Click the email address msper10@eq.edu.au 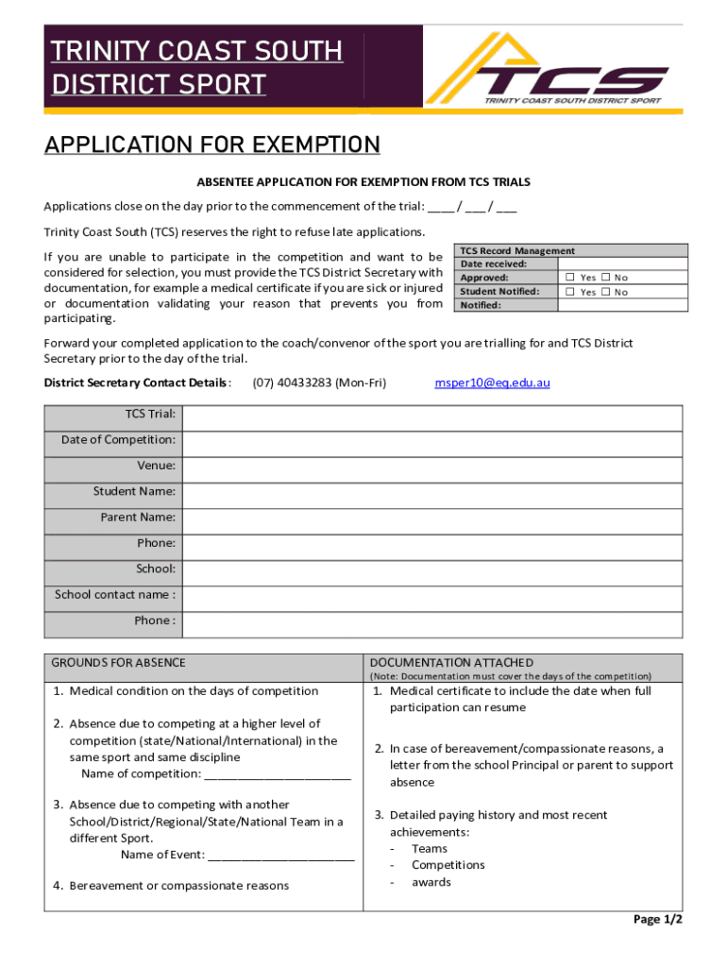(x=492, y=382)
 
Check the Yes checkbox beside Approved (x=571, y=278)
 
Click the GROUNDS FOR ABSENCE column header (x=118, y=663)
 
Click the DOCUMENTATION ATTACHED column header (x=451, y=663)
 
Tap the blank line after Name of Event (x=280, y=856)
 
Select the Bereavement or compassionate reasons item (x=178, y=886)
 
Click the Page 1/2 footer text (x=657, y=919)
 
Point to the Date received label (x=493, y=264)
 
